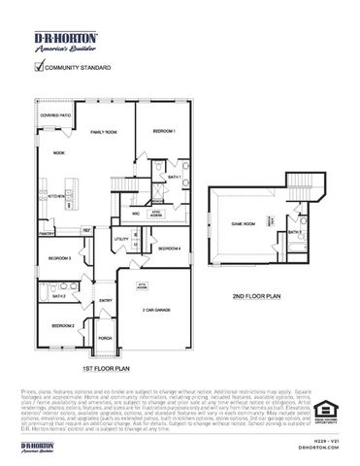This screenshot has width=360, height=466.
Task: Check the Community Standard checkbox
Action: (x=39, y=68)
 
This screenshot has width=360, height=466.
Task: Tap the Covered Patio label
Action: (x=55, y=116)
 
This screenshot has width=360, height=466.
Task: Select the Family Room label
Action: (x=104, y=131)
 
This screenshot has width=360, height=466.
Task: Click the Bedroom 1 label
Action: (x=163, y=132)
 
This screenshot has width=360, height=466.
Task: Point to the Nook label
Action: (x=58, y=152)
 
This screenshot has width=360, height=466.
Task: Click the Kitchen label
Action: (x=55, y=195)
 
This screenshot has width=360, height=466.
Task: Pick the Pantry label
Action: (x=46, y=233)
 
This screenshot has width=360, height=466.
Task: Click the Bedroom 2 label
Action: (x=63, y=325)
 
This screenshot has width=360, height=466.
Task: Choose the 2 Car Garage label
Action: (x=157, y=309)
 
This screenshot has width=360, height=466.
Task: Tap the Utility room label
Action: (x=121, y=239)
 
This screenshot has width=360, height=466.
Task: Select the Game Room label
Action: (x=243, y=223)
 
